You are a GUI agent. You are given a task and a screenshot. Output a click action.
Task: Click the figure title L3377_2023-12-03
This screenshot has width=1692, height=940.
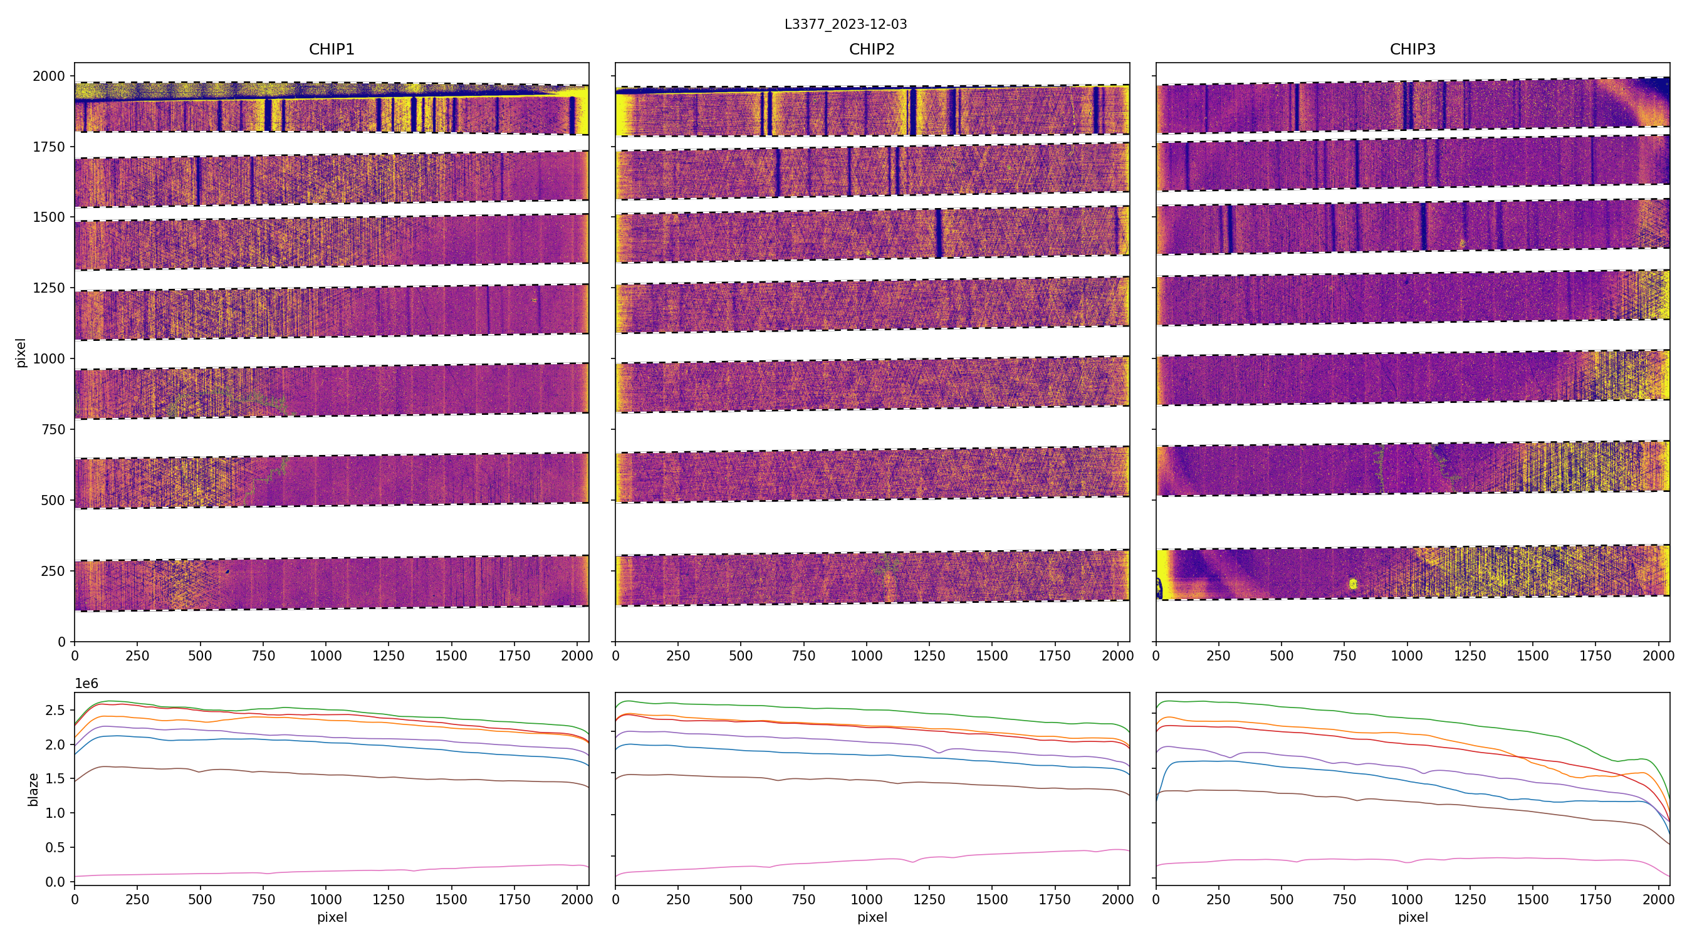click(x=845, y=24)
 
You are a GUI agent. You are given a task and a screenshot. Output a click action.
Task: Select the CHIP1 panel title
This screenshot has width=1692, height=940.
click(x=332, y=50)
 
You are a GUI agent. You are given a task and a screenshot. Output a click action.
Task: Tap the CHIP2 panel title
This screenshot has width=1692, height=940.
click(x=872, y=50)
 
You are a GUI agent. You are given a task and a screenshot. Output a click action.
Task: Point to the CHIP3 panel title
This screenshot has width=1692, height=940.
click(x=1412, y=50)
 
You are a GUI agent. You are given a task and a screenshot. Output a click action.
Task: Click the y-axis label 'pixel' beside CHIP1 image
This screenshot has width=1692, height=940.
click(x=21, y=353)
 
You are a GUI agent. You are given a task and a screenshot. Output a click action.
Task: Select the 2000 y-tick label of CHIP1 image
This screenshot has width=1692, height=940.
click(x=50, y=76)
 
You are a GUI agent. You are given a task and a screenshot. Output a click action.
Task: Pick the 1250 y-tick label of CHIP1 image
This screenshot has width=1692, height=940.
click(x=50, y=288)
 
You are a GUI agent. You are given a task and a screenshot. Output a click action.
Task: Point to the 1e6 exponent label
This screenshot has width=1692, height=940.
click(x=86, y=684)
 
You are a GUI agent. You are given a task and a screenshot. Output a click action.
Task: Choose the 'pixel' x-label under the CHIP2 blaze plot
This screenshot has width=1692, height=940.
click(x=872, y=917)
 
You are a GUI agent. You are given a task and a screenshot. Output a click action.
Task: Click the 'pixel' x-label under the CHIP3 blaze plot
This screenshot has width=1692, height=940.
click(x=1412, y=917)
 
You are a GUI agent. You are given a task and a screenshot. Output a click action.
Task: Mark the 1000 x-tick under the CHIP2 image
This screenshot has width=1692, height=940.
click(x=866, y=655)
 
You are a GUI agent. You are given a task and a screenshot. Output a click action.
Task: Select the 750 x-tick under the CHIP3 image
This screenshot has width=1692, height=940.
click(x=1344, y=655)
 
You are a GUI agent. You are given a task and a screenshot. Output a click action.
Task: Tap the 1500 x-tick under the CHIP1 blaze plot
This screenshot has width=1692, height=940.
click(x=451, y=899)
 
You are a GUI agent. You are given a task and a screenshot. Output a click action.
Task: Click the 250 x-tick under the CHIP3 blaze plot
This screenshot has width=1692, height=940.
click(x=1218, y=899)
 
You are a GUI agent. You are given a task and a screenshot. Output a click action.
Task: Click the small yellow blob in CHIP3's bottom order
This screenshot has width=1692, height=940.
click(x=1352, y=583)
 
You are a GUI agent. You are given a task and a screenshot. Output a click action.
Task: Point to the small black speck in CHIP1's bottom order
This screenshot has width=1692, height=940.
click(x=227, y=572)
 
